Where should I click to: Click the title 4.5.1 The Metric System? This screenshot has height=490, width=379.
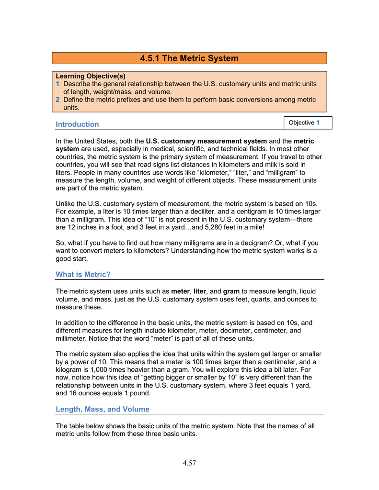coord(189,58)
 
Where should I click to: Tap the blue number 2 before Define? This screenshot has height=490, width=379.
coord(57,100)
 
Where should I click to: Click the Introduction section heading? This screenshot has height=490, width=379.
coord(77,124)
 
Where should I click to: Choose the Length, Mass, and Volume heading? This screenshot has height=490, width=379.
coord(103,409)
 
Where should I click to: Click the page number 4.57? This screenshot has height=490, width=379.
coord(189,463)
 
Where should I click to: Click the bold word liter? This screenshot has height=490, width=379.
coord(200,291)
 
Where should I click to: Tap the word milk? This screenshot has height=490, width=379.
coord(266,165)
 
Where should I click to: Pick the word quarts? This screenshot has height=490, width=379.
coord(246,299)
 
